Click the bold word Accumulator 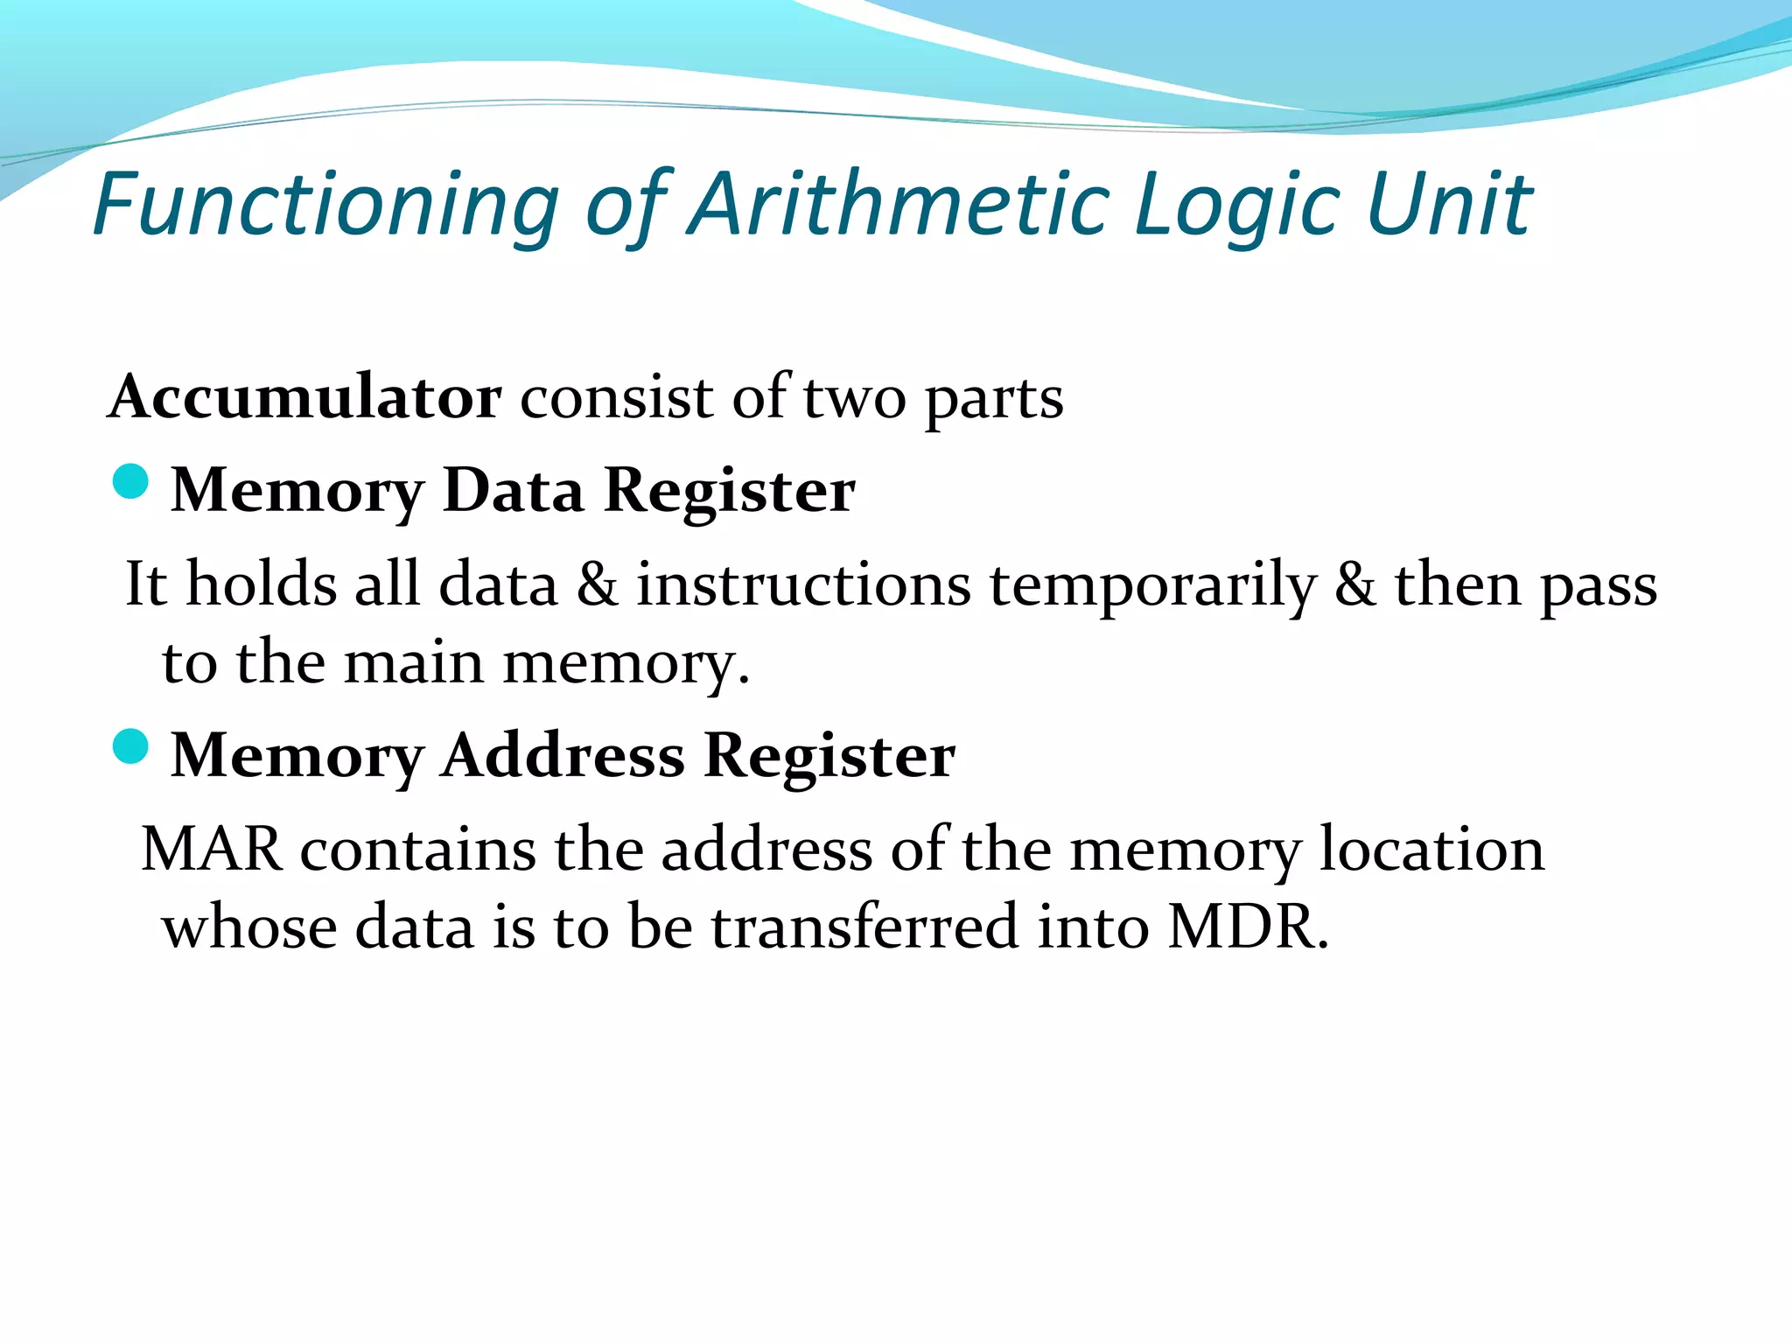tap(305, 398)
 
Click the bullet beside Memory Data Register tap(131, 482)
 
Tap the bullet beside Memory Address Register tap(131, 746)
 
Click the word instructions tap(803, 584)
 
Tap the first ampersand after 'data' tap(597, 584)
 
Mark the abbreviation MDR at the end tap(1248, 927)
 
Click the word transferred tap(864, 927)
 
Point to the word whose tap(250, 927)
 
